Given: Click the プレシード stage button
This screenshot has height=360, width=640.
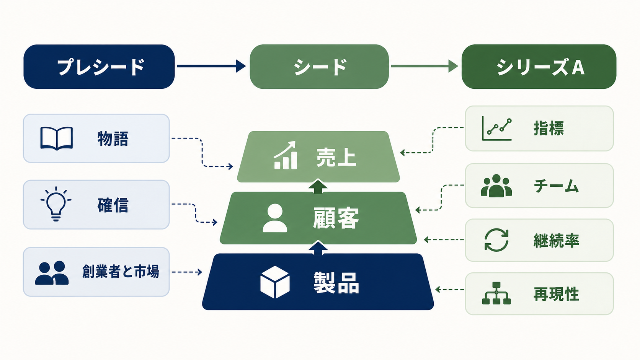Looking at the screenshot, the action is [x=99, y=67].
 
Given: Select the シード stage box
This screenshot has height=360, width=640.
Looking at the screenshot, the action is [x=319, y=67].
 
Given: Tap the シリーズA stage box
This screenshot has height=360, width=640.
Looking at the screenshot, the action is [x=539, y=67].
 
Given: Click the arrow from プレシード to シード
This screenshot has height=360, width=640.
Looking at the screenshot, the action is [x=211, y=66].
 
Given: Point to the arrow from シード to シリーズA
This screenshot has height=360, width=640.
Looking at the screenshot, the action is [x=424, y=66].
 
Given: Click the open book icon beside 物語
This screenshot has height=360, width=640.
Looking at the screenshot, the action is [x=57, y=138].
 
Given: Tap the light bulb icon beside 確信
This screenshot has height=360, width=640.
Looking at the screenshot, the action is [x=56, y=204].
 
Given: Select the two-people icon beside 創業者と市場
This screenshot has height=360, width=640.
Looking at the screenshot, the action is [x=52, y=273].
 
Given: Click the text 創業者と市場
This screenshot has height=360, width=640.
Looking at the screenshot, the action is [x=121, y=271].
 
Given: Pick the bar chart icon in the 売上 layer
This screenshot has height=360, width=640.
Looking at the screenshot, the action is [x=286, y=155].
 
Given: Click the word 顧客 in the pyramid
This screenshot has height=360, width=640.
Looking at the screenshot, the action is [x=336, y=218].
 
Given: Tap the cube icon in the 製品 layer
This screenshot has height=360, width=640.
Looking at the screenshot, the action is [x=275, y=282].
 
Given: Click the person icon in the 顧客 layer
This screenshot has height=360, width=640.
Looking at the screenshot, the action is [x=275, y=218].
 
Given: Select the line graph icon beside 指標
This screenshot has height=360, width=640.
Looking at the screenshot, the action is [x=496, y=129].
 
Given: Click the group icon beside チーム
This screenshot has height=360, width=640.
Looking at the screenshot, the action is [x=496, y=186].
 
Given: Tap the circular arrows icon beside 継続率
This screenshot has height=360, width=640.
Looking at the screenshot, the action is [x=496, y=240].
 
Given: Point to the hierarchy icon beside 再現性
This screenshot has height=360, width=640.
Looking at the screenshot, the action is [x=496, y=293].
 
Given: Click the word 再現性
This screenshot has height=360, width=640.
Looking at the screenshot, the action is [x=556, y=294].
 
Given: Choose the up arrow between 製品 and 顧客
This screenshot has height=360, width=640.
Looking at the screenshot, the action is [x=318, y=248].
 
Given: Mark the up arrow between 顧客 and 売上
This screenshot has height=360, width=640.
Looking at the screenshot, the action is [x=318, y=187].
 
